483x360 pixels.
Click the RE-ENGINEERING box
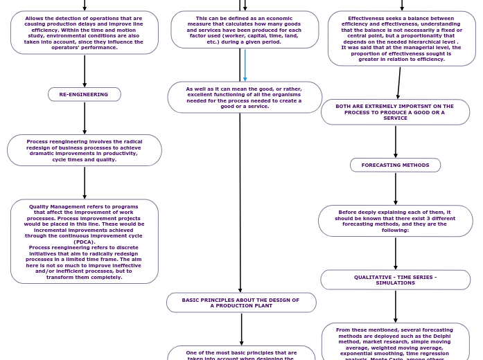point(84,94)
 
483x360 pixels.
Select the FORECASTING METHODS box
point(395,165)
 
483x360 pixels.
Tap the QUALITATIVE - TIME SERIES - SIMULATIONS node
point(395,280)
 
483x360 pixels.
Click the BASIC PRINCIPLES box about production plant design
point(241,303)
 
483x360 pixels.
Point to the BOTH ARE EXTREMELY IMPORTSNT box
point(395,112)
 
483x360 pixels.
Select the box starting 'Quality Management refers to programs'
point(84,242)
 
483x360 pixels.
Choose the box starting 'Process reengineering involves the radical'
point(84,150)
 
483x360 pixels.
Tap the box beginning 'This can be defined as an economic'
point(244,30)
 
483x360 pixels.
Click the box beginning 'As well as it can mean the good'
point(244,98)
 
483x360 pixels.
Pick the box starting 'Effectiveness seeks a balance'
point(401,39)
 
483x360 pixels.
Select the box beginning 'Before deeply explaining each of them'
point(395,221)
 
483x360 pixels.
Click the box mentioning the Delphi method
point(395,343)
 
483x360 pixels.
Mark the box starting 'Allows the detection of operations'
point(84,33)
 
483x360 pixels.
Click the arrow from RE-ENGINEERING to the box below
point(85,118)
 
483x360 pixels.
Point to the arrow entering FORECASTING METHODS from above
point(396,141)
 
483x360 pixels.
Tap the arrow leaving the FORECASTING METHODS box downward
point(396,188)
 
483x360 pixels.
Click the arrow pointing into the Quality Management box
point(85,182)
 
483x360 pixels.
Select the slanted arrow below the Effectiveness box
point(399,83)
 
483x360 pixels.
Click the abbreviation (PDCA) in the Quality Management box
point(84,242)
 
